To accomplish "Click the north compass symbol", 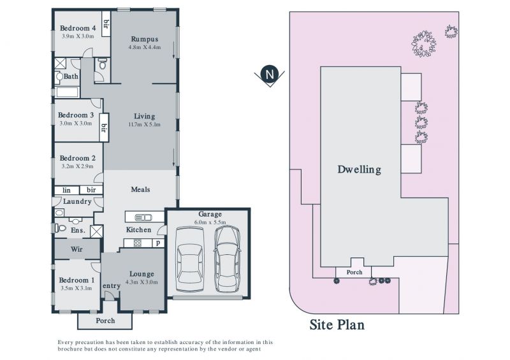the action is pyautogui.click(x=269, y=76).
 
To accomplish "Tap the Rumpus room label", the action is pyautogui.click(x=145, y=40).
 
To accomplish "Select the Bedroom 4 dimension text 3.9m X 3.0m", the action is pyautogui.click(x=78, y=36).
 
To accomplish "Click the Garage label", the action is pyautogui.click(x=210, y=214).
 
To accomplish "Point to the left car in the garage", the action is pyautogui.click(x=189, y=259).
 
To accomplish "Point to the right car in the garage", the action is pyautogui.click(x=227, y=259).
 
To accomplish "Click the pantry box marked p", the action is pyautogui.click(x=158, y=243).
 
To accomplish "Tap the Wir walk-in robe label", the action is pyautogui.click(x=76, y=249).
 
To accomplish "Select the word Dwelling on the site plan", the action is pyautogui.click(x=359, y=169).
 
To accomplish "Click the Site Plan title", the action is pyautogui.click(x=337, y=325).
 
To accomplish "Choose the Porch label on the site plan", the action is pyautogui.click(x=354, y=272).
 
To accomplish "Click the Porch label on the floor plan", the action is pyautogui.click(x=105, y=321).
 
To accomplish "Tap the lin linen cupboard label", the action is pyautogui.click(x=66, y=191).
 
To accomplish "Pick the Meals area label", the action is pyautogui.click(x=140, y=189).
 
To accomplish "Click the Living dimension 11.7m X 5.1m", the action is pyautogui.click(x=145, y=124).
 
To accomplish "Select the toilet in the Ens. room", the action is pyautogui.click(x=60, y=228).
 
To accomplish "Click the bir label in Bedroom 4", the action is pyautogui.click(x=106, y=24).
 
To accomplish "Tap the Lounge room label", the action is pyautogui.click(x=142, y=274).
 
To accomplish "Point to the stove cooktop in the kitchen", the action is pyautogui.click(x=138, y=243).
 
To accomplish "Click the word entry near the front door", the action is pyautogui.click(x=112, y=286).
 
